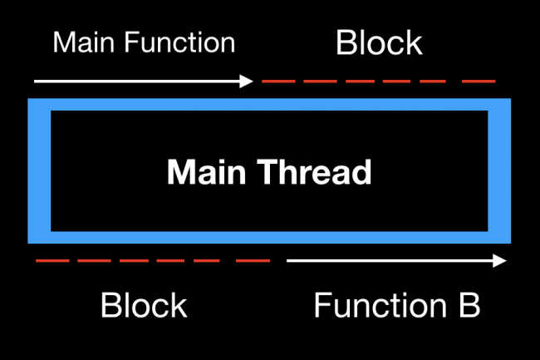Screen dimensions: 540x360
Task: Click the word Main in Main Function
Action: click(x=84, y=42)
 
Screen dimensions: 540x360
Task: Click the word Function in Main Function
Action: click(x=179, y=42)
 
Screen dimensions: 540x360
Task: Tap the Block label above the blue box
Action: click(x=379, y=42)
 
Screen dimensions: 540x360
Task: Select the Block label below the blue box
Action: click(x=144, y=305)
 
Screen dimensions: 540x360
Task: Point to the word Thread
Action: click(x=314, y=172)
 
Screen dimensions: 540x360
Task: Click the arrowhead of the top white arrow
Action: click(x=246, y=81)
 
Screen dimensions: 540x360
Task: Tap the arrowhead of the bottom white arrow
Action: click(x=499, y=261)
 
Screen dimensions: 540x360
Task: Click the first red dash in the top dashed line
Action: click(x=278, y=81)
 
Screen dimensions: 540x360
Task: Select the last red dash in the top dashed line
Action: click(x=479, y=81)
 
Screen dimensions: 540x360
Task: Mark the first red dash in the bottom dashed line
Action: click(x=52, y=261)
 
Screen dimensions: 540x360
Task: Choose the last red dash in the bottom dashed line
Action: click(x=253, y=261)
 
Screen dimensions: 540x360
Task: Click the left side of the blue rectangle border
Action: click(x=39, y=171)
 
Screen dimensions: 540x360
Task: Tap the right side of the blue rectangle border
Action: click(x=499, y=171)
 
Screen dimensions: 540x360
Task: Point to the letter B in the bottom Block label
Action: click(x=110, y=305)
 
